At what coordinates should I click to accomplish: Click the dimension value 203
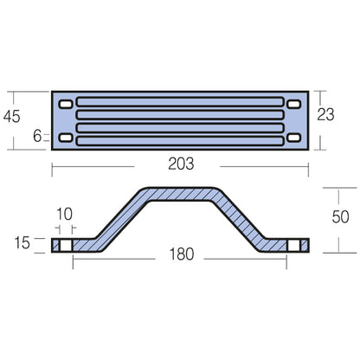coord(180,163)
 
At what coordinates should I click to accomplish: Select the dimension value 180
coord(180,254)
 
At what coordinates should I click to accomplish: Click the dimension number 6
coord(38,137)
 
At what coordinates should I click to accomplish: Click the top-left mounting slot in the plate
coord(66,104)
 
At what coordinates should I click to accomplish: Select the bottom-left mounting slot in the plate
coord(66,138)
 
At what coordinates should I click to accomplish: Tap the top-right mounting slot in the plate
coord(294,104)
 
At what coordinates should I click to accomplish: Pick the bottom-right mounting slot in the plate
coord(294,138)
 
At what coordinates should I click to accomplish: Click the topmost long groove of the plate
coord(180,103)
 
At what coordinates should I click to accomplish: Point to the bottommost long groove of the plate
coord(180,138)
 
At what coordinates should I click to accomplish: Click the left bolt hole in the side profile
coord(62,246)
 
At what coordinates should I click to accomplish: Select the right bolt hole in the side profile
coord(296,246)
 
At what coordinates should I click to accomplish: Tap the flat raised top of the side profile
coord(180,191)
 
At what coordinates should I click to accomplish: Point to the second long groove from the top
coord(180,115)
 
